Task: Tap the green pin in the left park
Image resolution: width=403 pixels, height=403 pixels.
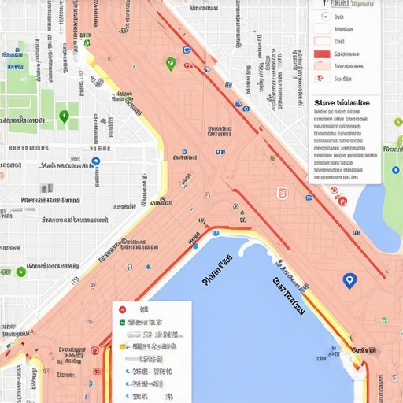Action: click(64, 117)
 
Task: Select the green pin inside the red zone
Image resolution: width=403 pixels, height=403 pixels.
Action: click(169, 63)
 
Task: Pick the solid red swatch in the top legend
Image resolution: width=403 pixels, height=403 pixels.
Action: click(321, 54)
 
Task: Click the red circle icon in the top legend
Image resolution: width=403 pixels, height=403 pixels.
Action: click(319, 77)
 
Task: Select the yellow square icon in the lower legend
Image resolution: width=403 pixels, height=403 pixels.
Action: click(122, 346)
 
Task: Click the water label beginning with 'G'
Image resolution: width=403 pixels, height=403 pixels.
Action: click(289, 294)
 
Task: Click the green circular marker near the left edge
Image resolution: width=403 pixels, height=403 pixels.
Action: click(20, 272)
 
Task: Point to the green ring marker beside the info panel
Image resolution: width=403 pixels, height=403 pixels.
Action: click(398, 121)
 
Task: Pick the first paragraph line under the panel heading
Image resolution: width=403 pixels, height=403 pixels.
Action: click(340, 113)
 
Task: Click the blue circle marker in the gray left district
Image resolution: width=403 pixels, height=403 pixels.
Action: click(96, 161)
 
